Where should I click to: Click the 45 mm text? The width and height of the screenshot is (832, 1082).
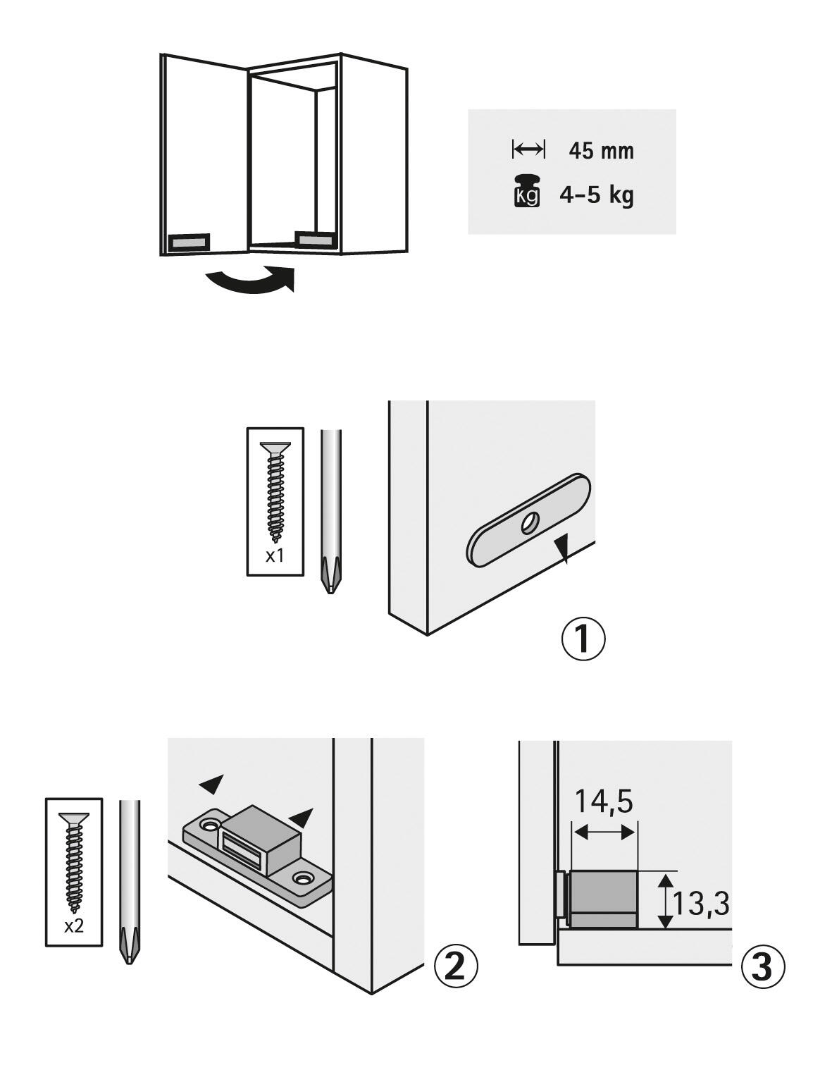click(x=601, y=151)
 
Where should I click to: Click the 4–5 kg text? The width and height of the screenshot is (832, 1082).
click(x=596, y=195)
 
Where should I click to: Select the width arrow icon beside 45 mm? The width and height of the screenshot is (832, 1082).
click(x=528, y=149)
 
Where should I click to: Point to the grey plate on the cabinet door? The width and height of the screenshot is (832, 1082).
click(x=190, y=242)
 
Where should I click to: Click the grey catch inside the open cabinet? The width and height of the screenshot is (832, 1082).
click(x=313, y=239)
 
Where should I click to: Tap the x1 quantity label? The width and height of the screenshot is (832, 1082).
click(x=275, y=555)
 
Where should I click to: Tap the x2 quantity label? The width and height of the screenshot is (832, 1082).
click(x=73, y=926)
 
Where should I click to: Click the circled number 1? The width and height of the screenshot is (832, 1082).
click(x=583, y=639)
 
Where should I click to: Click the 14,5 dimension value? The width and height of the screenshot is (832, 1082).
click(x=604, y=801)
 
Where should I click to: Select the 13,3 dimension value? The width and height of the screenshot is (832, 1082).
click(x=700, y=903)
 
